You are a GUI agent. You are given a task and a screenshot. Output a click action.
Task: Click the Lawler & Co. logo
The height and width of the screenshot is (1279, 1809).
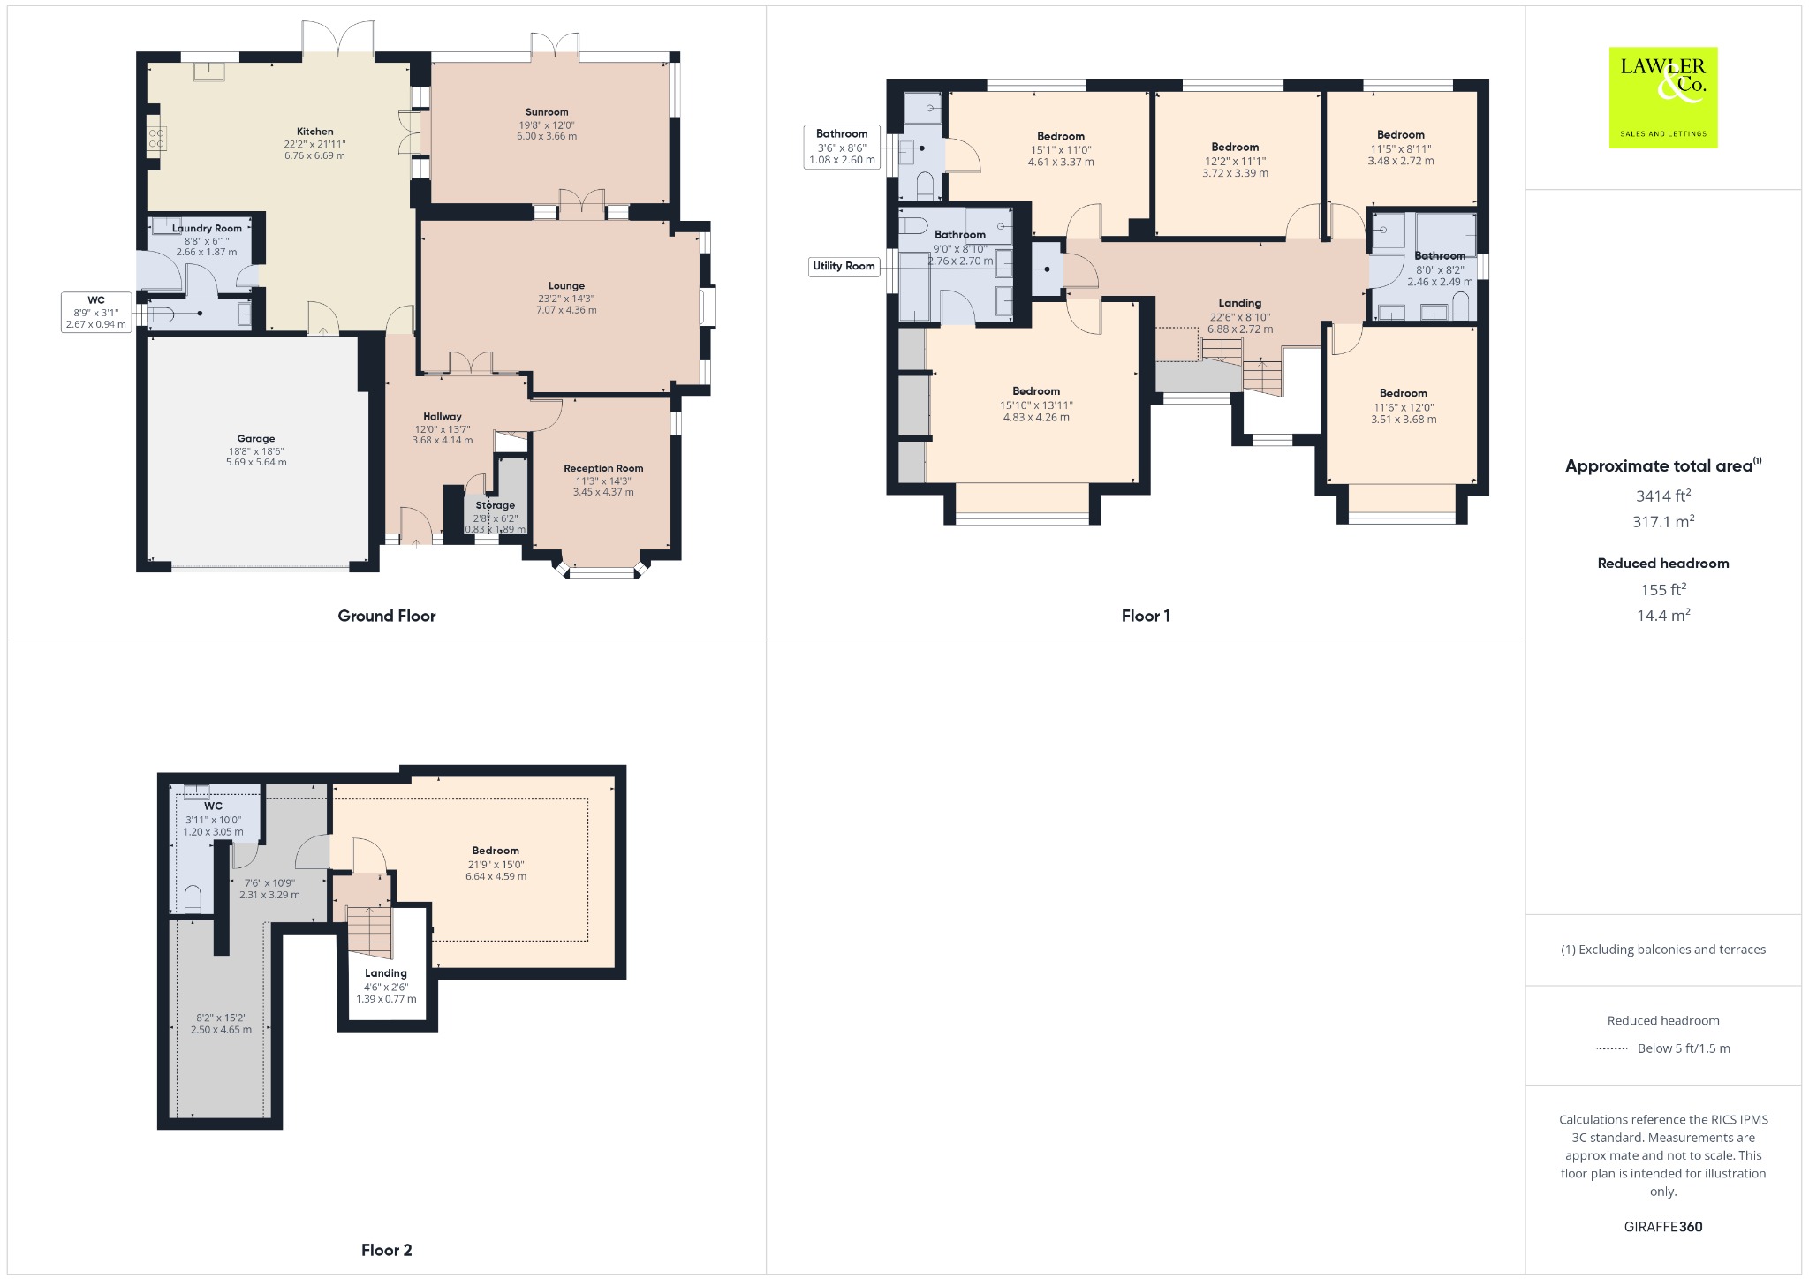(x=1663, y=97)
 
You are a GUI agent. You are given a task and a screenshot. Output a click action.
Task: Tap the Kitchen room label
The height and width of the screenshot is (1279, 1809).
(x=315, y=132)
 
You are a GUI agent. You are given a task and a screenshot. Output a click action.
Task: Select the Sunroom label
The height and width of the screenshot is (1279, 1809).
(x=547, y=112)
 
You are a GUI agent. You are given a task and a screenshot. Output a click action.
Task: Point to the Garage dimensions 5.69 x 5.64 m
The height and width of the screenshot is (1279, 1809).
(x=256, y=462)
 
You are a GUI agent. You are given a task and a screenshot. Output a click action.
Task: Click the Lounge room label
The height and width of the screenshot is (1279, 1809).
(x=566, y=285)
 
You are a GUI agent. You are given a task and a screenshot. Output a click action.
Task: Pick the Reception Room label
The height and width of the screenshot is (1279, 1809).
(x=603, y=468)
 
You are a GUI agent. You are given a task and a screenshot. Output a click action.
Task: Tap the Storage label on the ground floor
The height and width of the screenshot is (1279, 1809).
(x=496, y=505)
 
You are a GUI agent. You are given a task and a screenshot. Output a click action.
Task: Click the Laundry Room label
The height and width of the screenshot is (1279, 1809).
(x=207, y=228)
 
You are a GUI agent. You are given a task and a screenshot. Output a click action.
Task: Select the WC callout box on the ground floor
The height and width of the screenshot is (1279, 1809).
(x=96, y=313)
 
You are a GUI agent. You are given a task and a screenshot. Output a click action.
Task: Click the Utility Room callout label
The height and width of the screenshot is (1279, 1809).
(x=844, y=266)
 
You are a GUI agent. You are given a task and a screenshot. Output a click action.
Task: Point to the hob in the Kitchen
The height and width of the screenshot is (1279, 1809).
(x=156, y=139)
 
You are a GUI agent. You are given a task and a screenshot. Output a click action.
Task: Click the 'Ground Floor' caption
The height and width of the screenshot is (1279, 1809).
(x=387, y=616)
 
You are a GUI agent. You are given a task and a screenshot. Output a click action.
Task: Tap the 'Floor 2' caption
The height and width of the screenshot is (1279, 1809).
(x=386, y=1250)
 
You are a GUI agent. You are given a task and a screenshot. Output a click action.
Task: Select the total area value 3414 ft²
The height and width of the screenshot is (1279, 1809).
(x=1663, y=496)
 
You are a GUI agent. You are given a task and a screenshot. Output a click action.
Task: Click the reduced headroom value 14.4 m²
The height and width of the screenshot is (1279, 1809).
(x=1663, y=615)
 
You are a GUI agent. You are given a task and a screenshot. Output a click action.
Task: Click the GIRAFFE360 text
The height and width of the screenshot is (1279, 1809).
(x=1663, y=1226)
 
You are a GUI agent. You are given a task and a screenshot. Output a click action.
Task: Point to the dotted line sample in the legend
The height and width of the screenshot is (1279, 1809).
(x=1612, y=1049)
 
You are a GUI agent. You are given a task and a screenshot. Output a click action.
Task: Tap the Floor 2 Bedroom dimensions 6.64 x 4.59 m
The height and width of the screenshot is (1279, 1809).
(x=496, y=876)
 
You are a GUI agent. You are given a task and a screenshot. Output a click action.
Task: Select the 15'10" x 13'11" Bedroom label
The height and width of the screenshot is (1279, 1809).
(x=1036, y=405)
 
